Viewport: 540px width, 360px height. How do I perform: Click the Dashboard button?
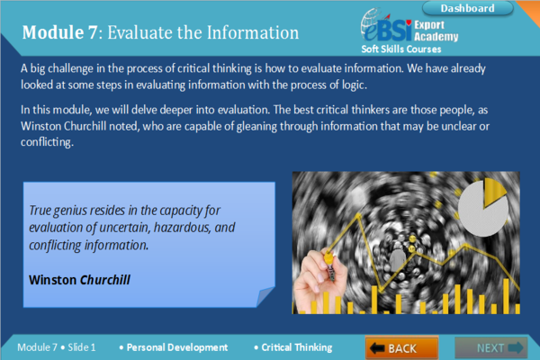(467, 8)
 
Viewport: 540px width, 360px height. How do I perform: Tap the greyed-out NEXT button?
(490, 347)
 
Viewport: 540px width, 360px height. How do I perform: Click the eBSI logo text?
(387, 30)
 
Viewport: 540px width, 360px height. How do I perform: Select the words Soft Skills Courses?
(401, 49)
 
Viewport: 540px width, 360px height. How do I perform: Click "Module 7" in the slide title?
(60, 32)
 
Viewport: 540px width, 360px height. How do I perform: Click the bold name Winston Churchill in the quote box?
(79, 280)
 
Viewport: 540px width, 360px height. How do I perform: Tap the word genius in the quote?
(71, 211)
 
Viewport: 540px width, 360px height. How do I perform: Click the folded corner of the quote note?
(265, 296)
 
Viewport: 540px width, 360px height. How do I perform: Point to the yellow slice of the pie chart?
(493, 192)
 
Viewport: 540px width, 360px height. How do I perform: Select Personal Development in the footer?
(177, 347)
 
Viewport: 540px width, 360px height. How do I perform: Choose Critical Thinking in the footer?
(297, 347)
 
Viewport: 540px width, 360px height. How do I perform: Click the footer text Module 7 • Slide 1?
(57, 347)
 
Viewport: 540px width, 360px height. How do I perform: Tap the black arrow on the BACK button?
(377, 348)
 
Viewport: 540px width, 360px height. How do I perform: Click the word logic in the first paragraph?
(354, 85)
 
